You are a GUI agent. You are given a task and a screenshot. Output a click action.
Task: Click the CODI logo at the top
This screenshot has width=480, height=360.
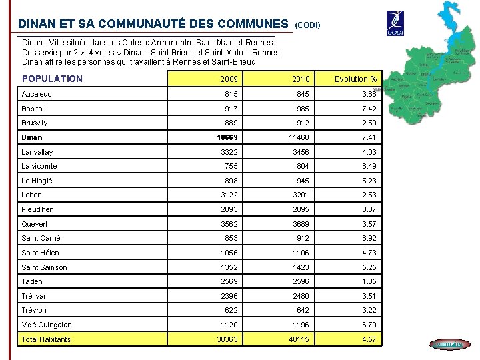point(396,24)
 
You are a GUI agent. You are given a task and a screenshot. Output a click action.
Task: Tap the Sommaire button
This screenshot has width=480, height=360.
point(449,344)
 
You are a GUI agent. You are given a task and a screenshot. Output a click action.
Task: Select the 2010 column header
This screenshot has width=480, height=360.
point(301,79)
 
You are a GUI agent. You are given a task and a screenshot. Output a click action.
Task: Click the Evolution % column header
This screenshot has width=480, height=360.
point(355,79)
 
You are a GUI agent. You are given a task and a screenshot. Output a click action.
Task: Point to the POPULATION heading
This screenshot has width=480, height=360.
point(52,79)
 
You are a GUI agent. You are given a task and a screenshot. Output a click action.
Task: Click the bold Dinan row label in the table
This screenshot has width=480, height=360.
point(31,137)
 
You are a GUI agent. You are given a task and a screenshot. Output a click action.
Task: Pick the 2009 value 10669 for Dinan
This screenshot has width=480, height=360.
point(227,137)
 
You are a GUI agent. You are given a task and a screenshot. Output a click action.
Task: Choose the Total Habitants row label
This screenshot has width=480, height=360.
point(46,339)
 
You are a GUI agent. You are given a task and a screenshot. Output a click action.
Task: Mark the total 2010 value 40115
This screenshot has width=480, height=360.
point(298,339)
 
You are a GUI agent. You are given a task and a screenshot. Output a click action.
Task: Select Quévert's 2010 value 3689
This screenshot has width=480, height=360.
point(301,224)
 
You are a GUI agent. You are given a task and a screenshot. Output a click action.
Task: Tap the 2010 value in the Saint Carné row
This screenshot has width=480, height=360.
point(303,238)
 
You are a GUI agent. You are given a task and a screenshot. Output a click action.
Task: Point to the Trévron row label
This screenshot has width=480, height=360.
point(34,310)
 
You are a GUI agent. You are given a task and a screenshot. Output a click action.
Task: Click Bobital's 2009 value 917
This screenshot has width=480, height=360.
point(231,109)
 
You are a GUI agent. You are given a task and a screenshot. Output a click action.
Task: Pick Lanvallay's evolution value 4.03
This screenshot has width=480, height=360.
point(369,152)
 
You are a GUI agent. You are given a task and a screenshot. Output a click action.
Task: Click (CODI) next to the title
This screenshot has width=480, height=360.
point(307,25)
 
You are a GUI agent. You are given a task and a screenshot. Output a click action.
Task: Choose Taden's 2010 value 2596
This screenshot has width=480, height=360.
point(301,281)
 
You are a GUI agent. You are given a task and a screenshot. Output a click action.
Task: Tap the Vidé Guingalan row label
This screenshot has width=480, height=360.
point(47,325)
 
